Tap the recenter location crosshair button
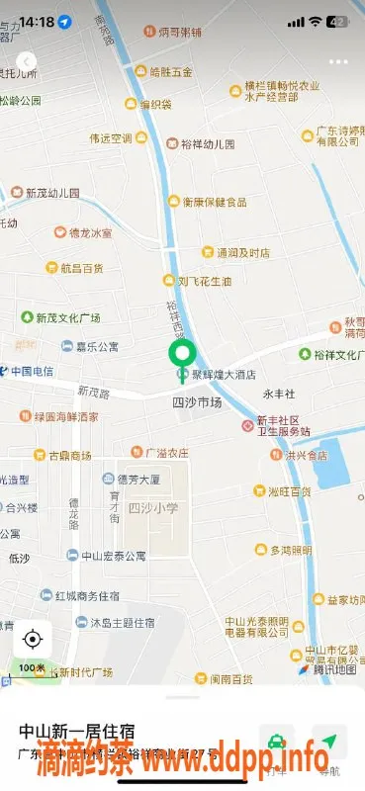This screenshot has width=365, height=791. click(x=32, y=639)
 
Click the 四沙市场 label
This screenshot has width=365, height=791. click(x=197, y=402)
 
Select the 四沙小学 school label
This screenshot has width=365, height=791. click(x=153, y=507)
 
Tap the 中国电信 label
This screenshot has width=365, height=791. click(x=32, y=372)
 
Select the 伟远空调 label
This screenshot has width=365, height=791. click(x=109, y=138)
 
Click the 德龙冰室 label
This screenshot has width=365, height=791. click(x=87, y=233)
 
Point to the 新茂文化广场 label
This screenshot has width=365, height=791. click(x=67, y=318)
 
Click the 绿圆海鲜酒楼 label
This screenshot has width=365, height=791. click(x=63, y=417)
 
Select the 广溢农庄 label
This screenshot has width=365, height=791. click(x=166, y=453)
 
